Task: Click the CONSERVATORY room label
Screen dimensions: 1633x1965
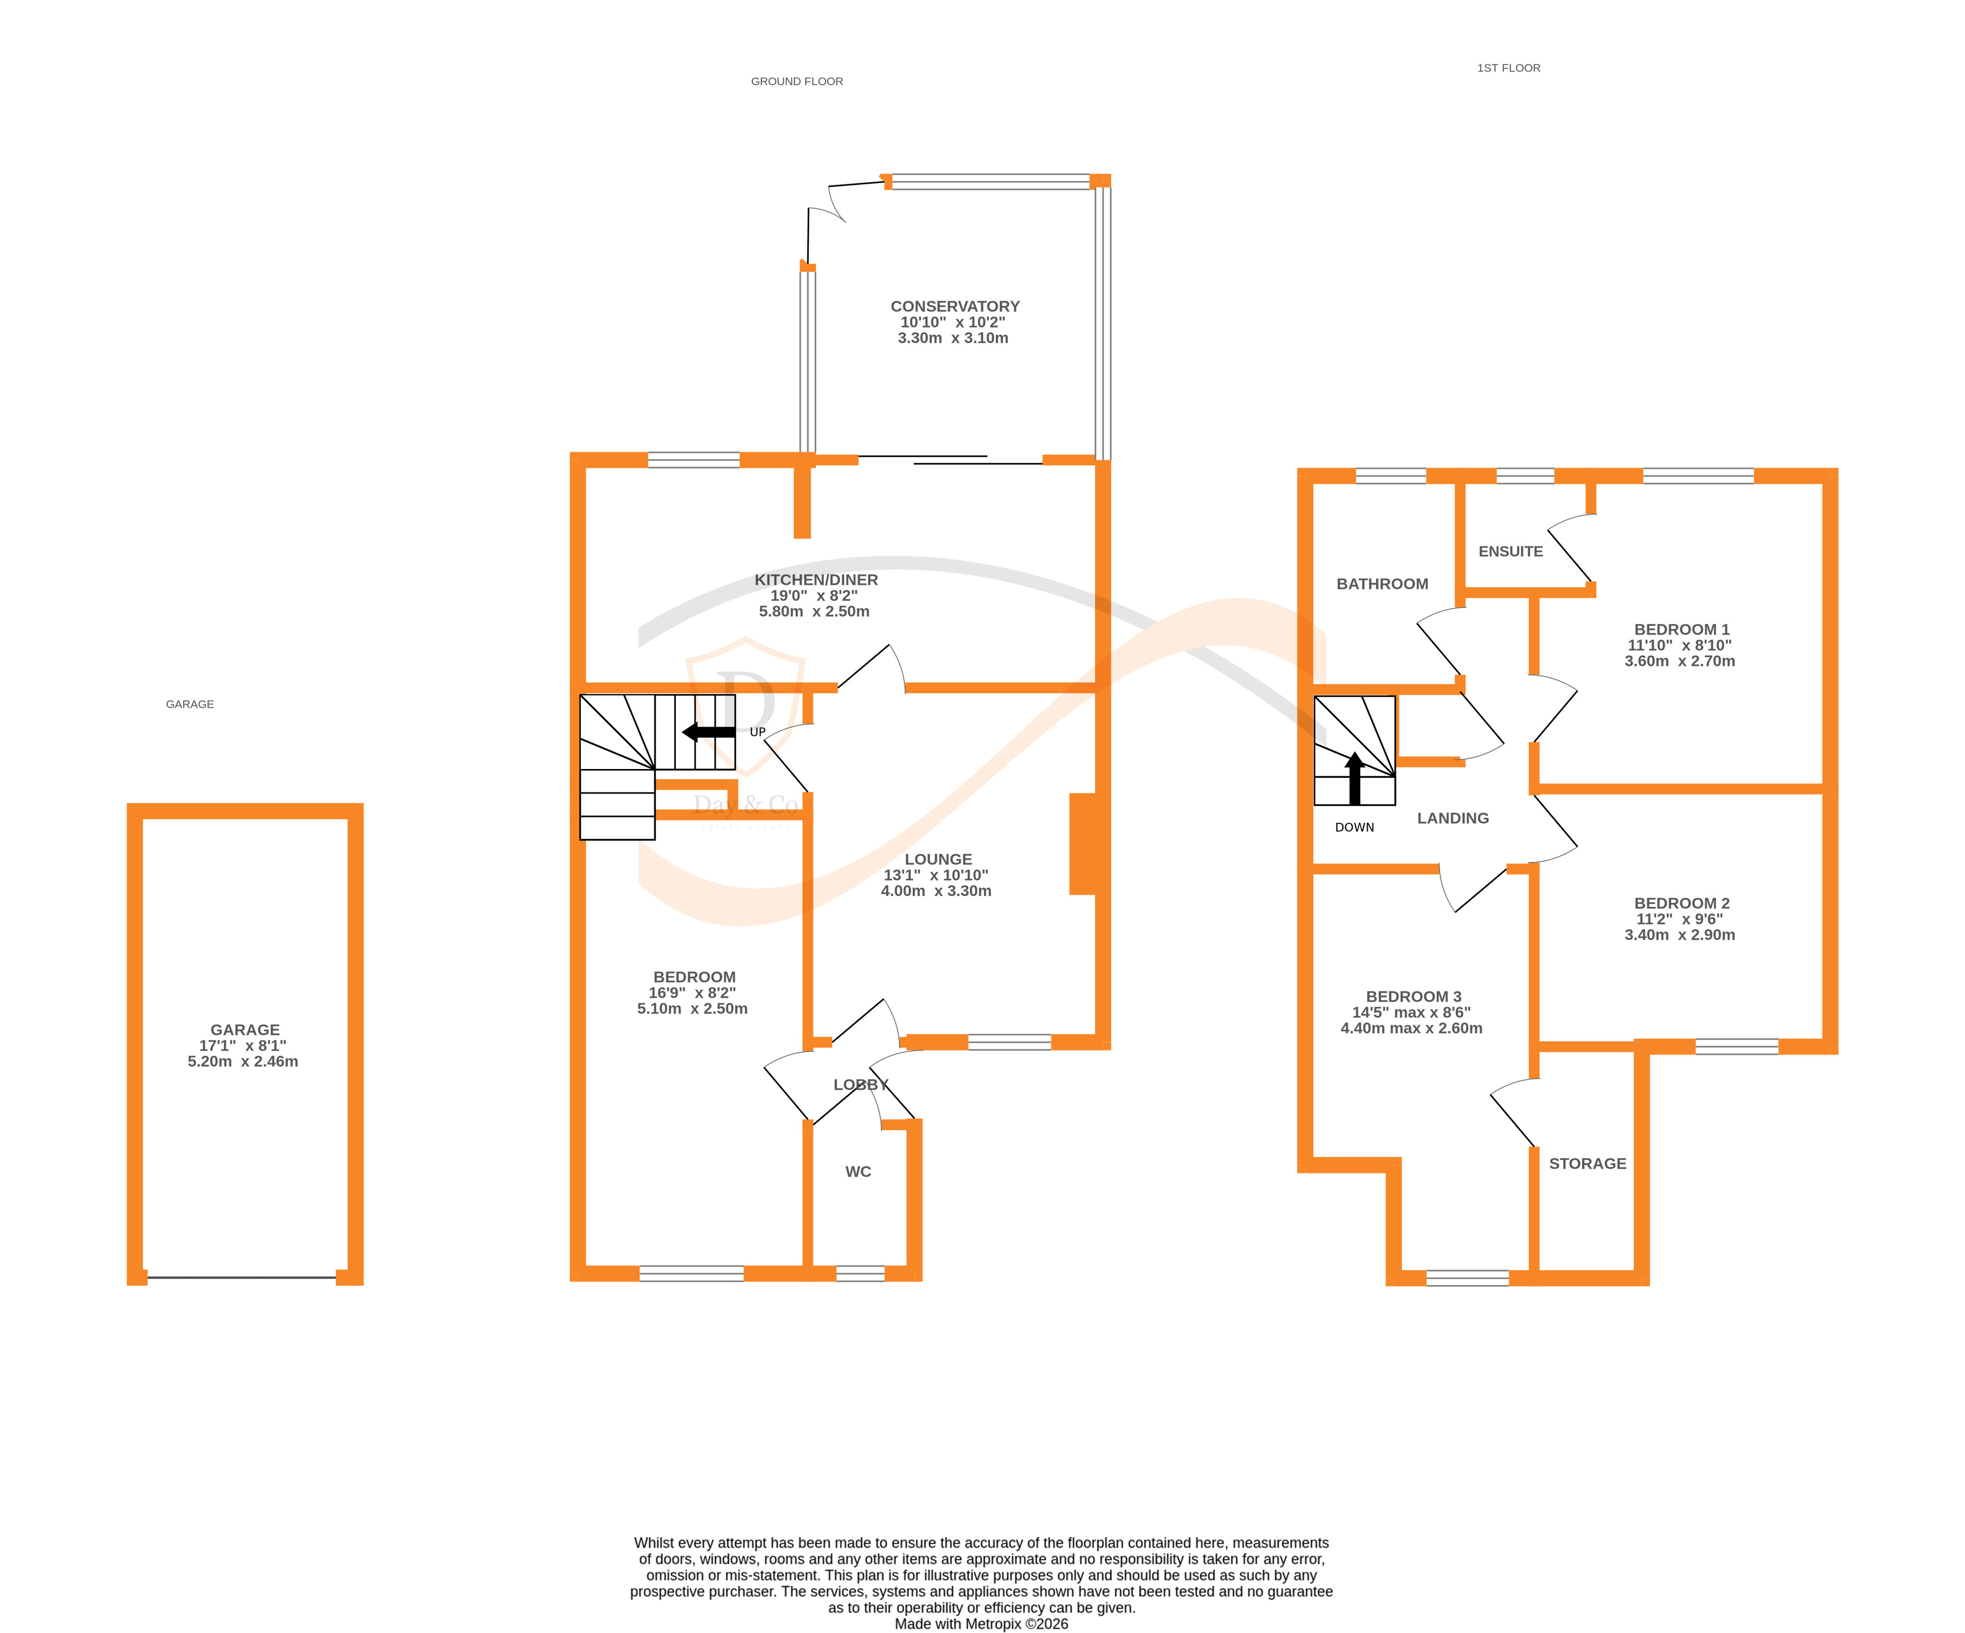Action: point(955,306)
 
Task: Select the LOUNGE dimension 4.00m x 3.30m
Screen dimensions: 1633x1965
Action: point(936,891)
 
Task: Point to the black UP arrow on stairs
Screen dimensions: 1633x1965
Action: point(709,732)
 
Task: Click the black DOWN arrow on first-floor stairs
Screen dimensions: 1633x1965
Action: point(1354,779)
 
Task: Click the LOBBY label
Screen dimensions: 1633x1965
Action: point(860,1085)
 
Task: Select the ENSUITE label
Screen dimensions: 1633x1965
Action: point(1510,551)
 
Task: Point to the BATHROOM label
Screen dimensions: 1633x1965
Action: point(1382,584)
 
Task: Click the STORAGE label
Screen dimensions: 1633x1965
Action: point(1587,1163)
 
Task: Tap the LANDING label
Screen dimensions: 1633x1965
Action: point(1452,818)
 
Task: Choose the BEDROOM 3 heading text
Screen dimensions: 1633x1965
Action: point(1413,997)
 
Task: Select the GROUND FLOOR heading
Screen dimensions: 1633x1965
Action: point(796,81)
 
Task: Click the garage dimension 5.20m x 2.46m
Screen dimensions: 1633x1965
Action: point(242,1061)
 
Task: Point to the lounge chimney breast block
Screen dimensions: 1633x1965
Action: point(1083,844)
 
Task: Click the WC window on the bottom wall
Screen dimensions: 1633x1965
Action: point(859,1273)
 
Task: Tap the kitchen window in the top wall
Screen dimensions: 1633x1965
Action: point(693,459)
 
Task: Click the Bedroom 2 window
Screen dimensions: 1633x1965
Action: point(1736,1046)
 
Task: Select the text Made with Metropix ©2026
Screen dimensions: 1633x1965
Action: point(981,1624)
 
